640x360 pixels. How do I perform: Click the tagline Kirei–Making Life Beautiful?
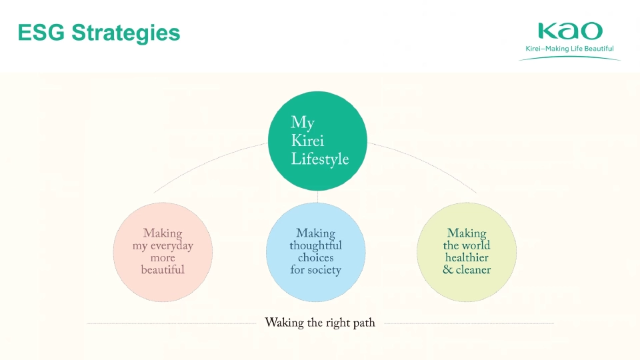569,49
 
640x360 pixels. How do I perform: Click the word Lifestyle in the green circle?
319,160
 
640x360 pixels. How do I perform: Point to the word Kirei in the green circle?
307,141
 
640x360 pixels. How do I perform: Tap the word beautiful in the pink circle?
163,270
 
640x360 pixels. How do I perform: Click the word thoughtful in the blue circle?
315,246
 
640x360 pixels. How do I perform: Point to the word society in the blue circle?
324,270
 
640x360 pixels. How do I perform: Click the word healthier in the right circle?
467,258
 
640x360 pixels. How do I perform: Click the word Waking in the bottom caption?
285,323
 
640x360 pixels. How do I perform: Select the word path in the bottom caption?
364,323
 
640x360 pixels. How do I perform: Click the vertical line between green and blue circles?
317,197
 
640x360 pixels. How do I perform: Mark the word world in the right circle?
476,246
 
